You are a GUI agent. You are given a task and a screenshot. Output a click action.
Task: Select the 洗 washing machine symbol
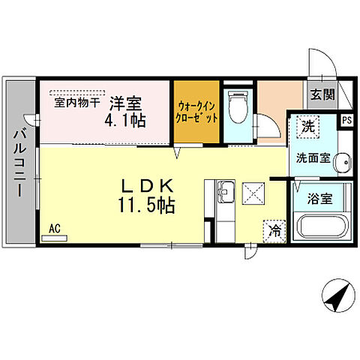309,127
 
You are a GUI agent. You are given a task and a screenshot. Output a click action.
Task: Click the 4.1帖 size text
126,120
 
